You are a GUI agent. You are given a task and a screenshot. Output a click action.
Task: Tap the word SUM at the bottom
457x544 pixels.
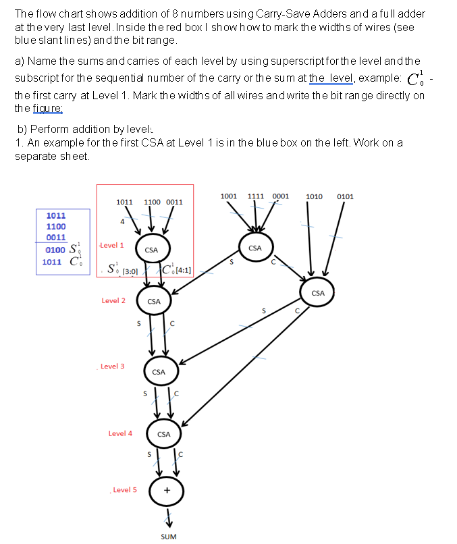pyautogui.click(x=169, y=537)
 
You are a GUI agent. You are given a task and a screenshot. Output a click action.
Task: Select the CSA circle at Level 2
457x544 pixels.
pyautogui.click(x=154, y=301)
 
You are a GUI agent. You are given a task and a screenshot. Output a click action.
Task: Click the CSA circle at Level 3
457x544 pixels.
pyautogui.click(x=159, y=372)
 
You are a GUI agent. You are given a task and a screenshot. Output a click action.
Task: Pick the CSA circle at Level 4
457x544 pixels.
pyautogui.click(x=163, y=434)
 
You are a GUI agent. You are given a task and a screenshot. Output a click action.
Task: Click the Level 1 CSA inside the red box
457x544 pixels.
pyautogui.click(x=151, y=250)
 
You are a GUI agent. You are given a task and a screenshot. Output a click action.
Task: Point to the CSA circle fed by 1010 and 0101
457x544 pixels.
pyautogui.click(x=318, y=293)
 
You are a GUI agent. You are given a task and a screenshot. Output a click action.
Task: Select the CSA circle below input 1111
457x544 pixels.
pyautogui.click(x=255, y=248)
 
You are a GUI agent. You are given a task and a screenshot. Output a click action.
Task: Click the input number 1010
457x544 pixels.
pyautogui.click(x=316, y=196)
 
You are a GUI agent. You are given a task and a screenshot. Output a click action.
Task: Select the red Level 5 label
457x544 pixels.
pyautogui.click(x=125, y=490)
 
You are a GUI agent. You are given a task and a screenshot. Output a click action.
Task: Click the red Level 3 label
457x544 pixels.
pyautogui.click(x=112, y=366)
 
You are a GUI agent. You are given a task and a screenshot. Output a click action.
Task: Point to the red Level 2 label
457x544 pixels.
pyautogui.click(x=113, y=301)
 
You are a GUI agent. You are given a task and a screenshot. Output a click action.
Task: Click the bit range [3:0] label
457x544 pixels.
pyautogui.click(x=130, y=272)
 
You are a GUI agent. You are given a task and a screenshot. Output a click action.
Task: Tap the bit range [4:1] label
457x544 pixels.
pyautogui.click(x=184, y=272)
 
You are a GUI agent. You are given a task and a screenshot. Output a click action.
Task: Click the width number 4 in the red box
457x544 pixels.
pyautogui.click(x=122, y=221)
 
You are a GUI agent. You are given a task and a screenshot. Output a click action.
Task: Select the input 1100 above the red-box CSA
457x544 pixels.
pyautogui.click(x=152, y=202)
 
